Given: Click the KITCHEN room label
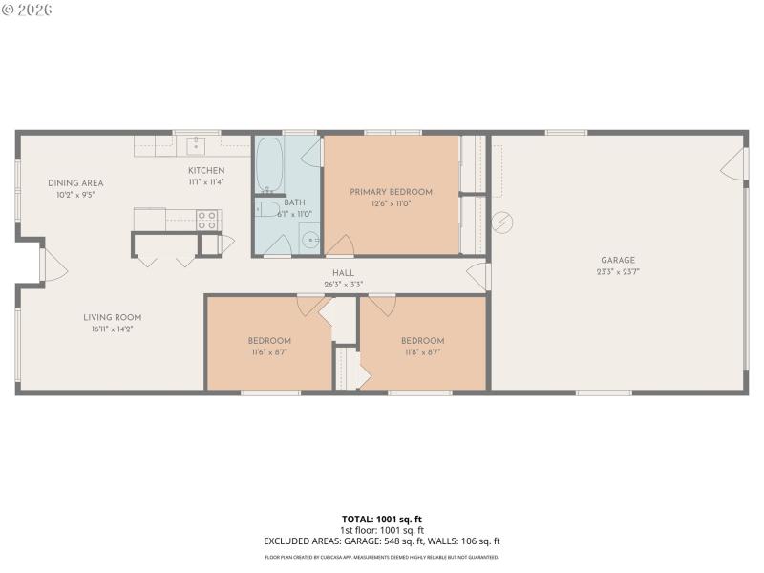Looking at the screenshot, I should pos(205,171).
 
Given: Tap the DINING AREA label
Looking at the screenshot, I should pos(76,183).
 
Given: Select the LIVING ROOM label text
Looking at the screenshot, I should pos(112,318).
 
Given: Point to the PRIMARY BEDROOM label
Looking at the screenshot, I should pos(391,192).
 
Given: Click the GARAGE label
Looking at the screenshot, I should pos(617,260).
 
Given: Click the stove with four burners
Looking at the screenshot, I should pos(208,220).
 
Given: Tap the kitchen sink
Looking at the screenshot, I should pos(196,145).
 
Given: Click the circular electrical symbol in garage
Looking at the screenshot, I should pos(502,223).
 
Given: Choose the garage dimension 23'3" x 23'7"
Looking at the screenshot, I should pos(617,271).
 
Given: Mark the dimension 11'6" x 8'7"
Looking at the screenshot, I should pos(269,352).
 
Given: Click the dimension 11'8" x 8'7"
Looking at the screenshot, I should pos(422,352).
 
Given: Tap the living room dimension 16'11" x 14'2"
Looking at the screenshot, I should pos(112,329).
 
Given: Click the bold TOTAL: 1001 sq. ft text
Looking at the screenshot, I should pos(382,520).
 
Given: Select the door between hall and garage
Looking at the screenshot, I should pos(480,277).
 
